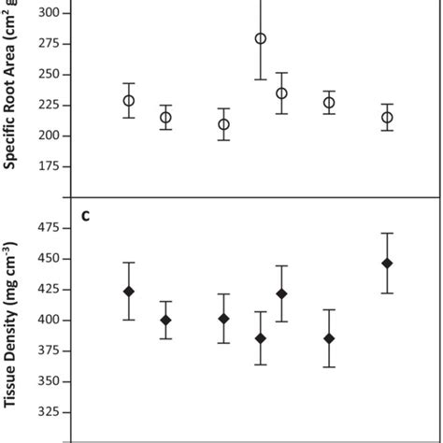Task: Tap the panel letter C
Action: click(x=85, y=218)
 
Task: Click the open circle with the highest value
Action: click(x=261, y=38)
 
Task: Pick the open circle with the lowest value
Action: click(x=223, y=124)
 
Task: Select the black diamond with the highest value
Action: click(x=387, y=263)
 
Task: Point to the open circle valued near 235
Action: click(x=281, y=93)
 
